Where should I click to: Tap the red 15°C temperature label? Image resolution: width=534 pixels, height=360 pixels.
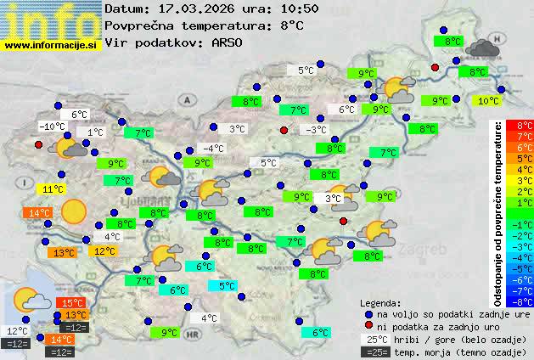coord(71,303)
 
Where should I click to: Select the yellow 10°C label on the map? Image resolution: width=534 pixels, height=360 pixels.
coord(487,101)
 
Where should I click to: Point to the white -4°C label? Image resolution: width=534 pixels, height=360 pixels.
coord(213,148)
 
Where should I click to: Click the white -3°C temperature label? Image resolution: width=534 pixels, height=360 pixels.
coord(316,129)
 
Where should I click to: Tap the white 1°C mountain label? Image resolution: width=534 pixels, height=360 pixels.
coord(94,132)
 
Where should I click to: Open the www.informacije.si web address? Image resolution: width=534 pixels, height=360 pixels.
coord(51,44)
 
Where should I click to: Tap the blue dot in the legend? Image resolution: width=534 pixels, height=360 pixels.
coord(368,314)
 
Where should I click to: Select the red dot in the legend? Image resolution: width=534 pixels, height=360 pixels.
coord(368,327)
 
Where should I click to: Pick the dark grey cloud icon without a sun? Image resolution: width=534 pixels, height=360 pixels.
coord(482,48)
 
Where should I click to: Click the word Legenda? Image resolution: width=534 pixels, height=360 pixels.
coord(381,302)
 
